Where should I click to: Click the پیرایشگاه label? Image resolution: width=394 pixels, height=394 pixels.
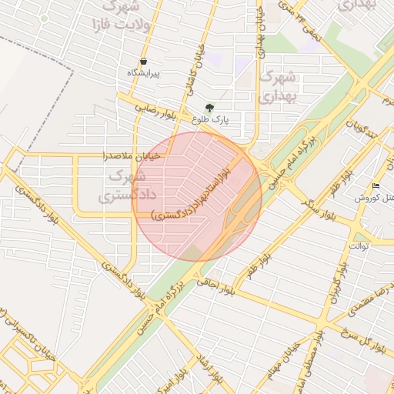pyautogui.click(x=144, y=73)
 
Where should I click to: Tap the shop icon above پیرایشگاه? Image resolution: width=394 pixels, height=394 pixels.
pyautogui.click(x=143, y=61)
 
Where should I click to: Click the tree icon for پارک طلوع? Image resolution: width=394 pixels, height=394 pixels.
pyautogui.click(x=210, y=109)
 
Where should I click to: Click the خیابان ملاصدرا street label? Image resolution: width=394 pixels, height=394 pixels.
pyautogui.click(x=132, y=155)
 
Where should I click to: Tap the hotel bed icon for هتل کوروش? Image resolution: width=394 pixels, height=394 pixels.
pyautogui.click(x=376, y=185)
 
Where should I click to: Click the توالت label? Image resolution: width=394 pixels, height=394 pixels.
pyautogui.click(x=359, y=245)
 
